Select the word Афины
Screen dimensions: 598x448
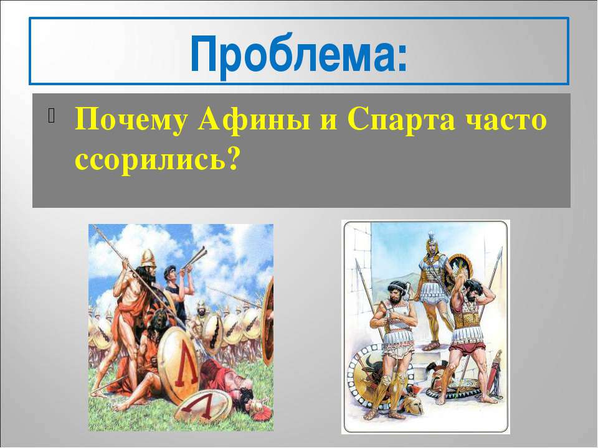coord(254,120)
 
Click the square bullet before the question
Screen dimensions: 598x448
coord(52,116)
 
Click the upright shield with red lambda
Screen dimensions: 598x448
coord(180,366)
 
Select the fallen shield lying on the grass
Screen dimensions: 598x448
coord(205,406)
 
